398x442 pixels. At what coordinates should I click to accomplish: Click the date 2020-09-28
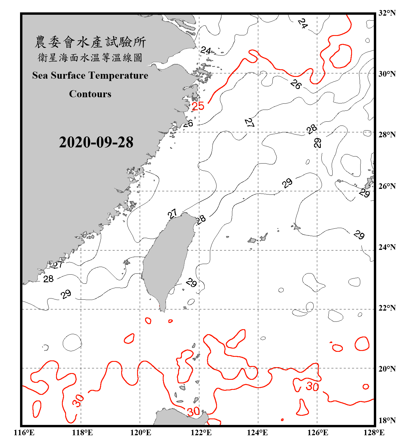click(96, 142)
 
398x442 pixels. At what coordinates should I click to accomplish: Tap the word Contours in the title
click(90, 94)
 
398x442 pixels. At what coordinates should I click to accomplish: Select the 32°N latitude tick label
click(387, 13)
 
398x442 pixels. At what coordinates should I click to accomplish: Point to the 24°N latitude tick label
click(387, 247)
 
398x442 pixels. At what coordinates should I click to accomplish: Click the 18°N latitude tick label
click(387, 420)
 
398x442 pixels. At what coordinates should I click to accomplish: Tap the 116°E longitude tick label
click(24, 433)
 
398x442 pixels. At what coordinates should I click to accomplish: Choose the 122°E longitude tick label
click(201, 433)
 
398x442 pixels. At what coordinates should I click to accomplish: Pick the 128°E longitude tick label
click(374, 433)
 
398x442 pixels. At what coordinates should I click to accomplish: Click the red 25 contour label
click(198, 106)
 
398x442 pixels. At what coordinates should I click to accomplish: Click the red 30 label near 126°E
click(312, 386)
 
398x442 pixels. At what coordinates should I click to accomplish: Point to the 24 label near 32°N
click(302, 23)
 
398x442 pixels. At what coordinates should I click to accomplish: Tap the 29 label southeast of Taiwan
click(191, 283)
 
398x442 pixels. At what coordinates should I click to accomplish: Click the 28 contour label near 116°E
click(48, 279)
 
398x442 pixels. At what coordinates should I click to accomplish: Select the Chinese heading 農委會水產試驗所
click(90, 42)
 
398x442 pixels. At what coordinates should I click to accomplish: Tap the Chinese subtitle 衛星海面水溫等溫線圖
click(90, 57)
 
